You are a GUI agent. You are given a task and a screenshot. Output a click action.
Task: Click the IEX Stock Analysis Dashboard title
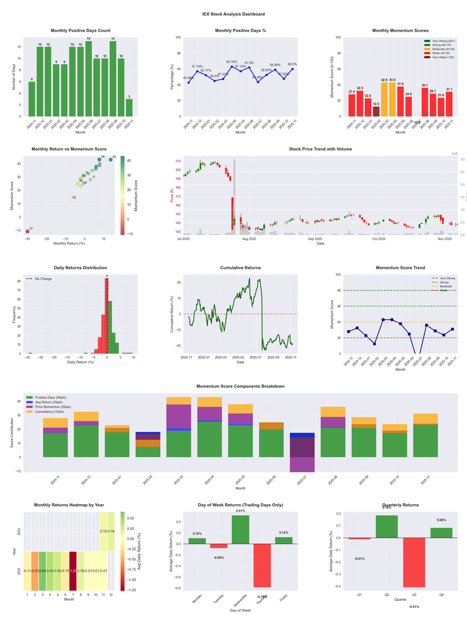point(233,14)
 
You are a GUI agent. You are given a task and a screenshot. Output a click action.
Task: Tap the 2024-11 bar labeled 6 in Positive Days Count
point(32,99)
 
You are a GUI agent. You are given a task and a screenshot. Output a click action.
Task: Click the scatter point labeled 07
point(27,232)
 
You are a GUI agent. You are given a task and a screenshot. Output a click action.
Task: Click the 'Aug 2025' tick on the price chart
point(249,239)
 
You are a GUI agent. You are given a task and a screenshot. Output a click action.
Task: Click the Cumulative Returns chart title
point(241,268)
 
